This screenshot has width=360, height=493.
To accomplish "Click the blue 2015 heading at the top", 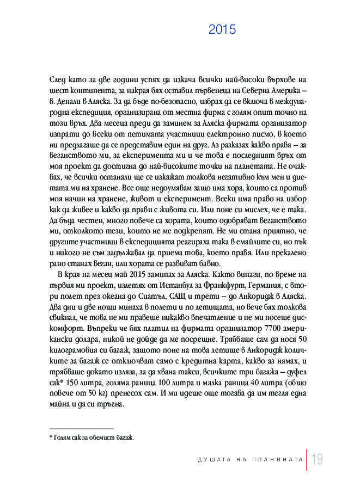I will [222, 30].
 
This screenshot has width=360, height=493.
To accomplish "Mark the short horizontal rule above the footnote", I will [81, 429].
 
